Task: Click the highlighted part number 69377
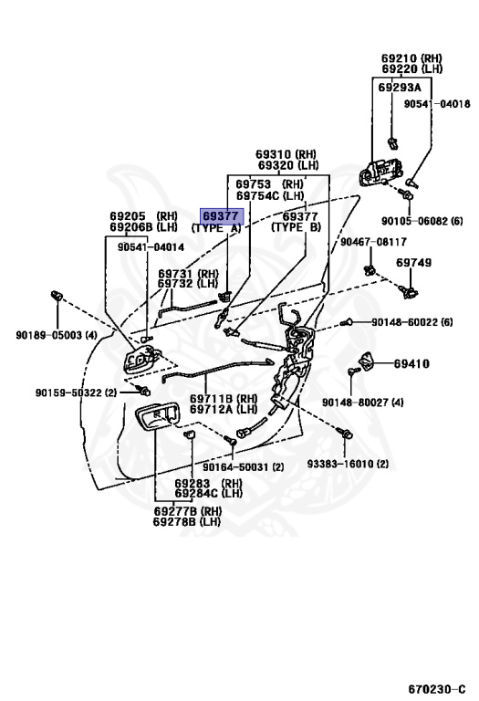tap(221, 216)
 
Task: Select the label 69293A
tap(400, 88)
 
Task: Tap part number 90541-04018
tap(437, 104)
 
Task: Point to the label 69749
tap(413, 263)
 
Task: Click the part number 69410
tap(411, 364)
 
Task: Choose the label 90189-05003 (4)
tap(57, 335)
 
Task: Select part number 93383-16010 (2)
tap(348, 464)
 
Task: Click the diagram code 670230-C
tap(436, 689)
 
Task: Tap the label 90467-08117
tap(373, 242)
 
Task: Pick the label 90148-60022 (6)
tap(412, 322)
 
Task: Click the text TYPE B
tap(297, 227)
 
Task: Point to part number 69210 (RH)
tap(411, 58)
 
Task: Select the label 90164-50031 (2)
tap(243, 467)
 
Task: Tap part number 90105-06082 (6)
tap(422, 221)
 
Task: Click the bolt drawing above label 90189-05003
tap(57, 296)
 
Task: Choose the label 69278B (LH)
tap(187, 521)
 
